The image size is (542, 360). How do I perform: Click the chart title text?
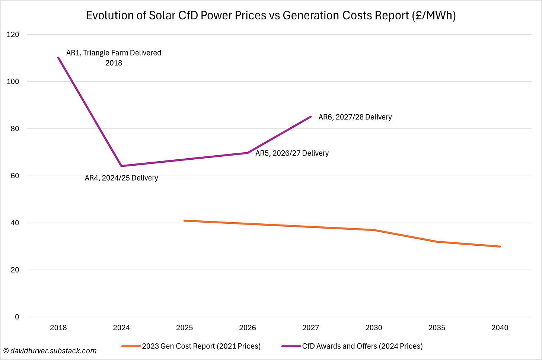[x=271, y=15]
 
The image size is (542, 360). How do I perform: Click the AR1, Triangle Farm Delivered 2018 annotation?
[x=114, y=58]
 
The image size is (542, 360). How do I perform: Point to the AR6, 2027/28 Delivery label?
[x=355, y=117]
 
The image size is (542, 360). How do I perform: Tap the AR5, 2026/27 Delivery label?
[x=292, y=153]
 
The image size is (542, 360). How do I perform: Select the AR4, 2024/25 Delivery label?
[x=121, y=178]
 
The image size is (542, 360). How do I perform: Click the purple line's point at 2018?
[x=58, y=57]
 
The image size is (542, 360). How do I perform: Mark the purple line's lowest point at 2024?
[x=121, y=166]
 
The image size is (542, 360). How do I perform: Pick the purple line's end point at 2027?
[x=310, y=117]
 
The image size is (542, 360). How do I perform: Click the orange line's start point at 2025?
[x=185, y=221]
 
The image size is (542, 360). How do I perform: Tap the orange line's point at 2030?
[x=374, y=230]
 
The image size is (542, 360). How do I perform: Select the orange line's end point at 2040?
[x=500, y=246]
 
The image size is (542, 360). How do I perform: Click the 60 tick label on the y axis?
[x=15, y=176]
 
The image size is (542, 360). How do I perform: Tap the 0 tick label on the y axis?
[x=17, y=317]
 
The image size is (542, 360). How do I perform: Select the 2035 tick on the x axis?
[x=437, y=328]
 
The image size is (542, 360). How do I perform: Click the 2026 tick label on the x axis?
[x=248, y=328]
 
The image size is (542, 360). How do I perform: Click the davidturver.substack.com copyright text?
[x=50, y=351]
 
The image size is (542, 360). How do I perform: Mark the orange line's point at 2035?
[x=437, y=242]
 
